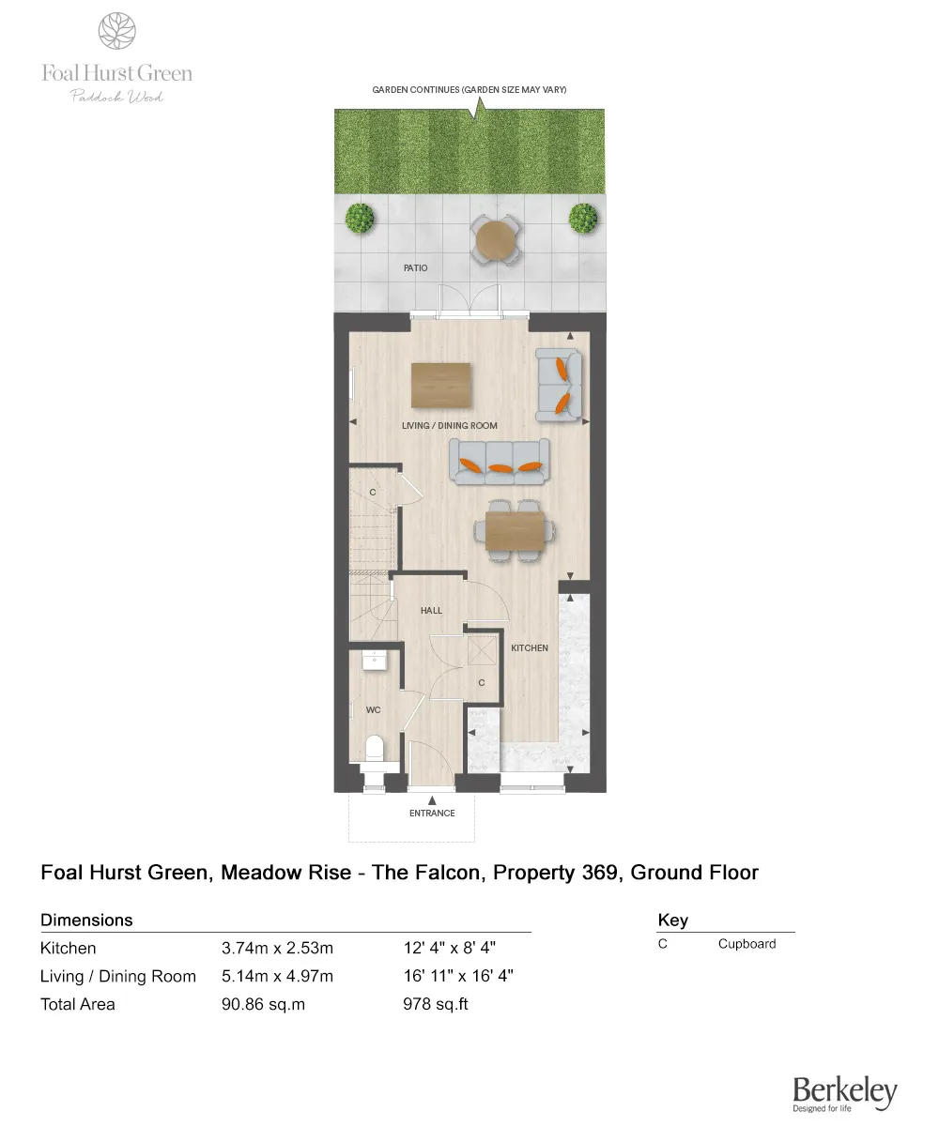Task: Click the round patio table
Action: click(x=495, y=240)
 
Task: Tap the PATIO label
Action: click(x=415, y=268)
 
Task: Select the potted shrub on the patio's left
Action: click(x=360, y=219)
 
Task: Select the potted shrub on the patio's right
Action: click(x=583, y=219)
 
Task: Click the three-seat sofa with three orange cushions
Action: click(x=499, y=462)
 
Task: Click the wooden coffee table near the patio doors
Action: click(x=441, y=386)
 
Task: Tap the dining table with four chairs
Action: click(x=513, y=530)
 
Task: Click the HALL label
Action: click(x=431, y=610)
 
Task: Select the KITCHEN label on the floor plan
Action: click(x=529, y=647)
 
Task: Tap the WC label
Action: click(x=373, y=710)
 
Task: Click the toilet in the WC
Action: click(x=374, y=749)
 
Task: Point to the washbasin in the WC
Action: click(x=375, y=659)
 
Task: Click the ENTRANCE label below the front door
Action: click(x=432, y=813)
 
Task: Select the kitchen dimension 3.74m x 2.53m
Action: click(x=277, y=948)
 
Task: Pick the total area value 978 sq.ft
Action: click(x=435, y=1004)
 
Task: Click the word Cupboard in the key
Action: click(x=747, y=944)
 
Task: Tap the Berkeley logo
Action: click(x=844, y=1092)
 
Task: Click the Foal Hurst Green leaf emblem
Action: click(x=117, y=30)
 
